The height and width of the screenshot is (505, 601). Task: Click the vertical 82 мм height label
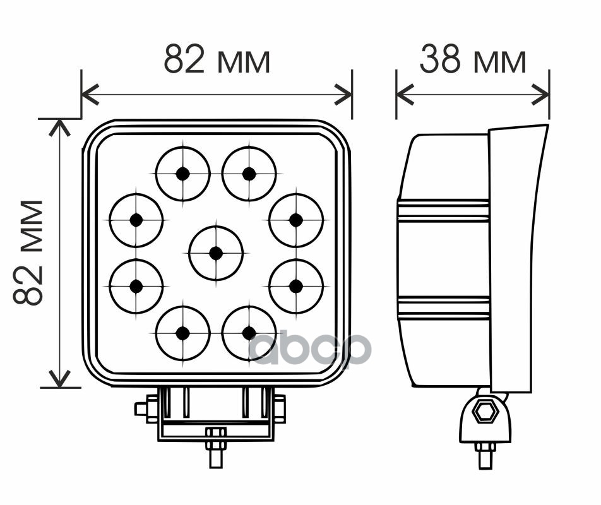pos(29,252)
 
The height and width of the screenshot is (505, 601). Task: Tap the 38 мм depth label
pos(473,61)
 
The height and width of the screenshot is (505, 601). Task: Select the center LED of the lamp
pos(216,253)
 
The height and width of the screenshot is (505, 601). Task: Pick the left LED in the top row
pos(182,174)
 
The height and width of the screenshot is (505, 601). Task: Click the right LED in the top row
pos(249,174)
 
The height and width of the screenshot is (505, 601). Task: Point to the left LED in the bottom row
pos(182,333)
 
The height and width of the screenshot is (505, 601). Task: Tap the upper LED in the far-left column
pos(136,220)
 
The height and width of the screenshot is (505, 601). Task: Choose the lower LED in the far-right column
pos(295,286)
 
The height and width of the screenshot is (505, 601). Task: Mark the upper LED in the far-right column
pos(295,220)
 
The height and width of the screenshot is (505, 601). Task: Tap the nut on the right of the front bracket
pos(280,408)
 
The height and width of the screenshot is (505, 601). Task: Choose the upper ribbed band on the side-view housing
pos(443,211)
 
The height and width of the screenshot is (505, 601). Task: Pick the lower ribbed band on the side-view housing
pos(443,307)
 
